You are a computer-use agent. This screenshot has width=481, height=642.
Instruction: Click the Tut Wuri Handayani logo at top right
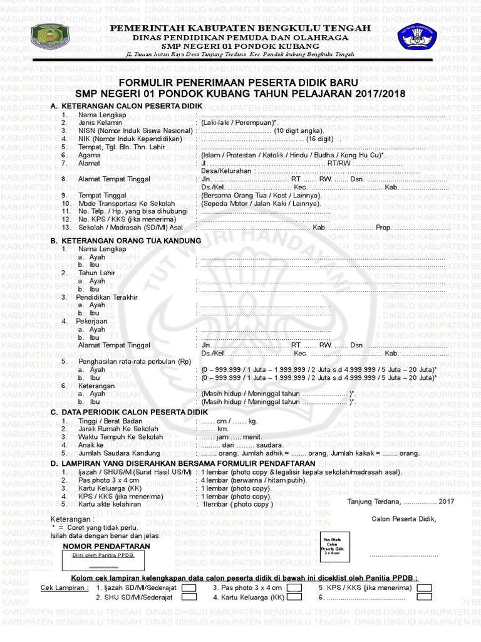415,39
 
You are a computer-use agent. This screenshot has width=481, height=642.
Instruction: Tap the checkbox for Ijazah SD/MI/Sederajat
189,588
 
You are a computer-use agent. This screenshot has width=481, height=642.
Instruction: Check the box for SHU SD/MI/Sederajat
189,597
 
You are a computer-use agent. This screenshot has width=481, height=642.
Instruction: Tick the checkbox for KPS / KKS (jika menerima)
425,588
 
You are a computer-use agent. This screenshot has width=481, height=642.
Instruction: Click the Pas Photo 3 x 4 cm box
332,545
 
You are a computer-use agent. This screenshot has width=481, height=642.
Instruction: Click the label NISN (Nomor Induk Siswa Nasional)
134,130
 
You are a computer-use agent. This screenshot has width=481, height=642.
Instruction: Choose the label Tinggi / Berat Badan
111,421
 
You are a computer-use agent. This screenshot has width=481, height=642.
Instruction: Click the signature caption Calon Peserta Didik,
403,518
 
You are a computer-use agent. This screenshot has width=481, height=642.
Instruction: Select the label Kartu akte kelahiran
110,503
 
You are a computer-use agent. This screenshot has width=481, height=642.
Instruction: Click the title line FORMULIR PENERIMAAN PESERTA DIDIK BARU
239,83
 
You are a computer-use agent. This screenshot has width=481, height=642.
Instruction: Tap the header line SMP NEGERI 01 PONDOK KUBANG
240,46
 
